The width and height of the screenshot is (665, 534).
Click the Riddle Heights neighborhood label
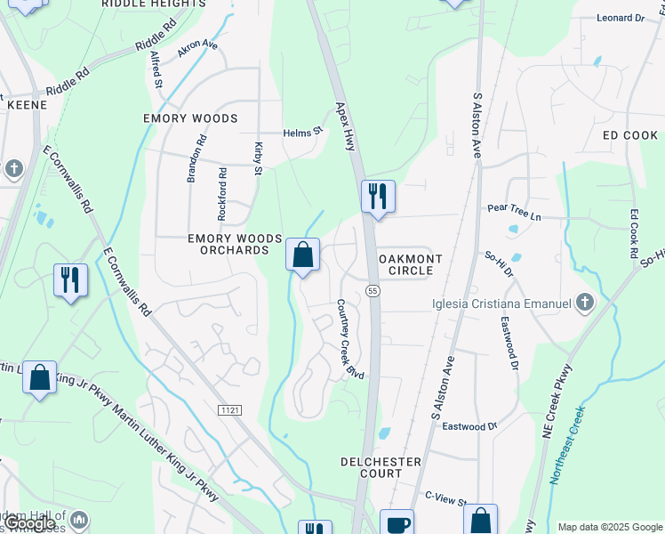coord(153,4)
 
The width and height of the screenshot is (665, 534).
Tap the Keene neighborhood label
coord(26,104)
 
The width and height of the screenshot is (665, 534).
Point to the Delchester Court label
coord(381,467)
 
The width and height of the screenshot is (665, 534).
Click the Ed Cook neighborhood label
coord(629,135)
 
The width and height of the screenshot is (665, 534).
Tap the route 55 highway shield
coord(373,291)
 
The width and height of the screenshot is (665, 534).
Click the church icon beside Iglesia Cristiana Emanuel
coord(584,303)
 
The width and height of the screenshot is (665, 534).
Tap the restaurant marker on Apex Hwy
coord(378,196)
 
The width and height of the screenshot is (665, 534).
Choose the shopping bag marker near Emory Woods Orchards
coord(302,255)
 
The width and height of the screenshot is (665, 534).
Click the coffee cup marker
coord(397,523)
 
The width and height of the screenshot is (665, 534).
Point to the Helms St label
coord(302,133)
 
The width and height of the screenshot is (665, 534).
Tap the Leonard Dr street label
coord(620,18)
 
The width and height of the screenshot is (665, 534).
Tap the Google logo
coord(31,523)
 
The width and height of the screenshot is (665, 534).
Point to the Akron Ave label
coord(197,48)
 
